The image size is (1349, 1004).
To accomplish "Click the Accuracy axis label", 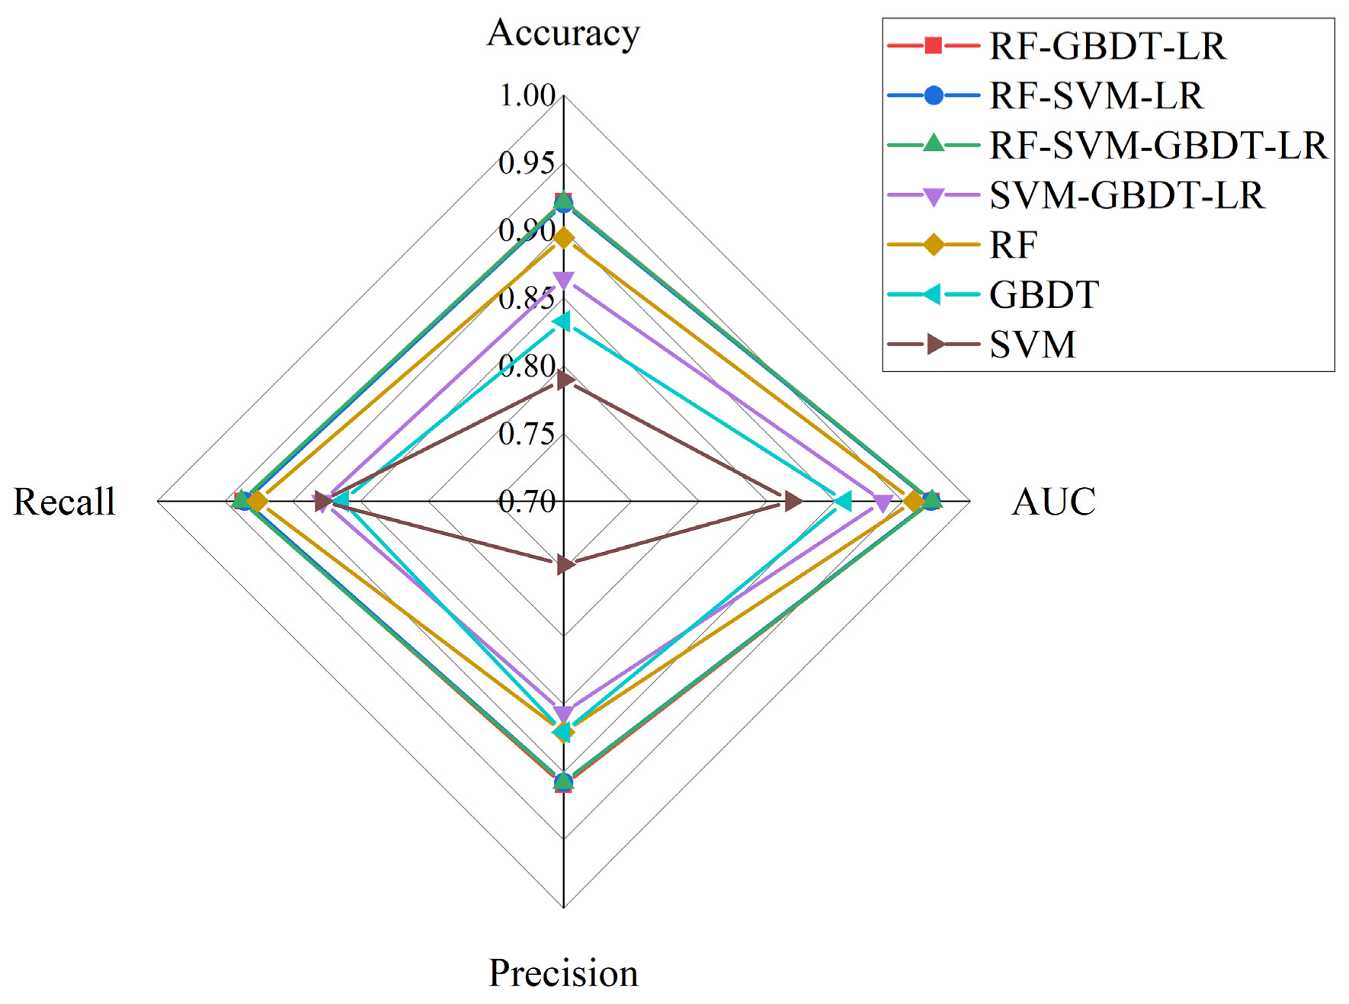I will click(563, 34).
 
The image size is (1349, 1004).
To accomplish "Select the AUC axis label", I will click(1053, 502).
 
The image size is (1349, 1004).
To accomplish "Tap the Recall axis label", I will click(65, 502).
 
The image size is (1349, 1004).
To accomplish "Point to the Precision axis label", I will click(563, 973).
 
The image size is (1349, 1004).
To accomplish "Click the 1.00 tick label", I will click(527, 96).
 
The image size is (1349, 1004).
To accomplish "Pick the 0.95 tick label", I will click(527, 163).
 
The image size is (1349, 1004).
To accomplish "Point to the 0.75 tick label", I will click(527, 434).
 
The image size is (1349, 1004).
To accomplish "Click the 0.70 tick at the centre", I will click(527, 502).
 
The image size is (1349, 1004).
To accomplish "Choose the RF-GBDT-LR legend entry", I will click(1107, 47).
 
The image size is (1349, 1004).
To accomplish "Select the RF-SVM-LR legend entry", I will click(1095, 96).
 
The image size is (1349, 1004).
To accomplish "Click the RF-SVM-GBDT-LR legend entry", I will click(1158, 146).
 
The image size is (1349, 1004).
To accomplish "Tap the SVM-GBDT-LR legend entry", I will click(1126, 196).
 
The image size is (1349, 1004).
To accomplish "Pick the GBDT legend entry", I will click(1043, 295).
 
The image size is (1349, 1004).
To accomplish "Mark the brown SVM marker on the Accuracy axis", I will click(564, 379).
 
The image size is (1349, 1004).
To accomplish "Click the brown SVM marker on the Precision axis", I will click(564, 565).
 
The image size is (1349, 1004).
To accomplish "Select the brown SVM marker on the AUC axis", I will click(793, 502).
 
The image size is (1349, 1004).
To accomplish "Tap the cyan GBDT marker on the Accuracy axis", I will click(562, 322).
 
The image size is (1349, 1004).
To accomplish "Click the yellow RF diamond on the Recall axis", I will click(258, 502).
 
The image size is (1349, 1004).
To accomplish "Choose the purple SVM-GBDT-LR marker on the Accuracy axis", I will click(563, 281).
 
